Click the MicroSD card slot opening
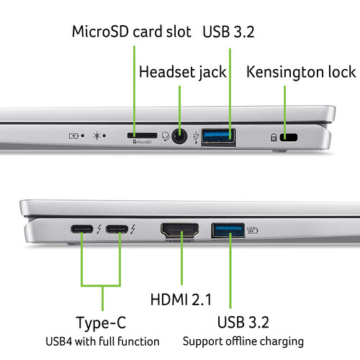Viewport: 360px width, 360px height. coord(143,135)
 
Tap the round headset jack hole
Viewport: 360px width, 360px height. coord(179,136)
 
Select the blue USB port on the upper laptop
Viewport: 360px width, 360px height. coord(218,137)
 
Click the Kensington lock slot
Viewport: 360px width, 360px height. coord(289,137)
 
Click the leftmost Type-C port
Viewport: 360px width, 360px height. coord(82,229)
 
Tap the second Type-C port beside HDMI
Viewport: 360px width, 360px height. coord(117,229)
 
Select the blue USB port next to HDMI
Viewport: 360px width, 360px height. coord(228,230)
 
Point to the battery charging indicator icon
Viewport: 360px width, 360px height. coord(73,136)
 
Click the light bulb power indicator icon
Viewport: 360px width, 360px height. coord(96,135)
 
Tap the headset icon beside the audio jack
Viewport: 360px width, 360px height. coord(166,136)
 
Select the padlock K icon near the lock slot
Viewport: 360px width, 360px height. coord(274,138)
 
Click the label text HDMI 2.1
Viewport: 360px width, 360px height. coord(181,300)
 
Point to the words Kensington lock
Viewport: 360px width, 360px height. coord(301,72)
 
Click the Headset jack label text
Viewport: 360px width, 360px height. coord(183,72)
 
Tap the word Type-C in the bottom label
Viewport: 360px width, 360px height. coord(101,323)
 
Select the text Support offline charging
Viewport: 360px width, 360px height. coord(243,341)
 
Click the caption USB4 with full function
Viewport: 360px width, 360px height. coord(102,341)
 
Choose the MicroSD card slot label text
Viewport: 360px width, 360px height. coord(132,32)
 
